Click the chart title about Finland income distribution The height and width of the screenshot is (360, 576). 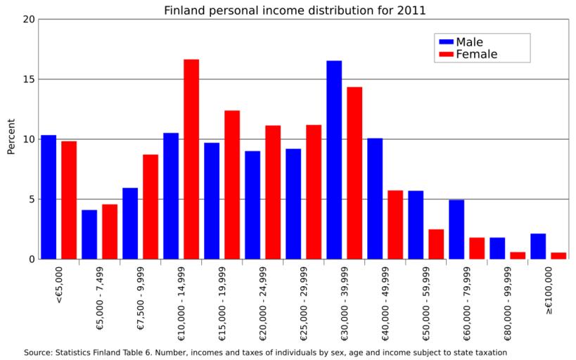click(x=295, y=11)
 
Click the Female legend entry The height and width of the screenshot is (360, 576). click(x=467, y=54)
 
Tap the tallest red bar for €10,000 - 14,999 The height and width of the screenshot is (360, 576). click(x=191, y=159)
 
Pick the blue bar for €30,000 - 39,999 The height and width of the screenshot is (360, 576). click(x=334, y=160)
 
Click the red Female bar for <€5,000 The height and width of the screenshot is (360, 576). click(x=69, y=200)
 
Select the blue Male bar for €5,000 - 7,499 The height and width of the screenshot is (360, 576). click(x=89, y=234)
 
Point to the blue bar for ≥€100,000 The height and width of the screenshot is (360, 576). click(x=538, y=246)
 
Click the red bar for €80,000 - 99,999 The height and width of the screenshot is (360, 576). click(x=518, y=255)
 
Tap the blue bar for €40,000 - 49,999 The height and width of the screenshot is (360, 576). click(x=375, y=198)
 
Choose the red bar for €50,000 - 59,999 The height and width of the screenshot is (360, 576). click(x=436, y=244)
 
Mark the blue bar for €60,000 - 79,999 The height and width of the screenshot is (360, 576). click(x=456, y=229)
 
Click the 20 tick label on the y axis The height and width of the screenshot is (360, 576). click(x=28, y=19)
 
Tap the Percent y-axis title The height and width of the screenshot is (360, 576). click(x=11, y=139)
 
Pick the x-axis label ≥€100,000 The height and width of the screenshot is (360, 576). click(x=549, y=290)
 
